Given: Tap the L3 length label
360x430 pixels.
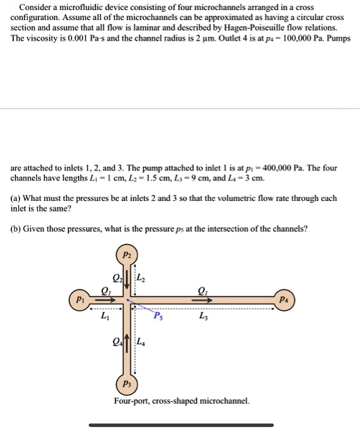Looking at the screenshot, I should tap(203, 316).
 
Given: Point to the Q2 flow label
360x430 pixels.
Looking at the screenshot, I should tap(116, 279).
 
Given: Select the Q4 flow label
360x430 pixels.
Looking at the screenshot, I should tap(116, 343).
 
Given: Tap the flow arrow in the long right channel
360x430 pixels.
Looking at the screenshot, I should tap(202, 299).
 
